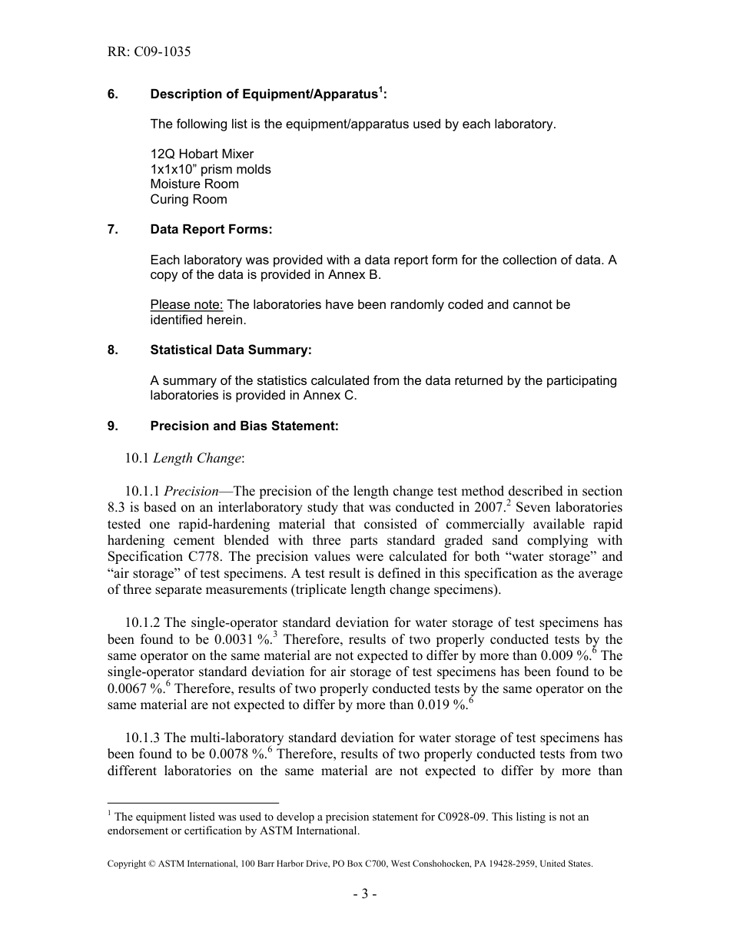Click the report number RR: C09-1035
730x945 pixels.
tap(149, 52)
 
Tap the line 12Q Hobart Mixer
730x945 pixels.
tap(201, 154)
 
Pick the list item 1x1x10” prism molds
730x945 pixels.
tap(210, 169)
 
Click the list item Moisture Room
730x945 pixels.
tap(194, 184)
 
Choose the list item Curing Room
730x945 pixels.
tap(188, 200)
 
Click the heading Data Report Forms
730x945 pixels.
tap(211, 230)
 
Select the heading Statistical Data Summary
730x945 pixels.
tap(231, 350)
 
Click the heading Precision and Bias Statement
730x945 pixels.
tap(244, 426)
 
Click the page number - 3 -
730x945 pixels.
tap(364, 894)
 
